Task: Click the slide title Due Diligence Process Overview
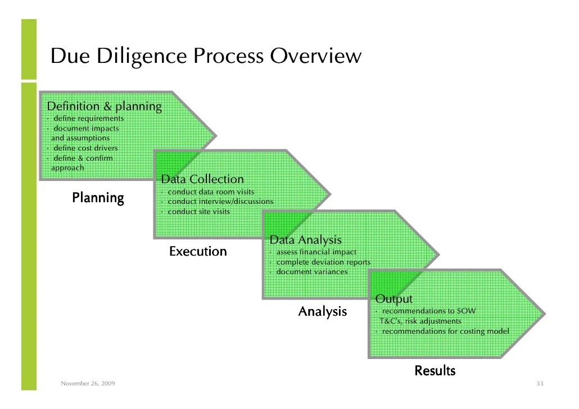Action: (205, 56)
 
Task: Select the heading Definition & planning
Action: (104, 106)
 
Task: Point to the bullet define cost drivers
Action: (85, 148)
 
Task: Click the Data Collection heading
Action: (202, 179)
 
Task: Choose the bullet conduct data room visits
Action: (207, 192)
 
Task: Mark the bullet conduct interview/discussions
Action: (220, 202)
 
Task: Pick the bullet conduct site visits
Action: (198, 212)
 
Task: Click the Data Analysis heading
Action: (305, 240)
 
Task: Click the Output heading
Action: (393, 299)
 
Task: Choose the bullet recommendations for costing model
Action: (445, 331)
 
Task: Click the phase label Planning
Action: (98, 198)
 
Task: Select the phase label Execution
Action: (198, 251)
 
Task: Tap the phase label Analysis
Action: (322, 311)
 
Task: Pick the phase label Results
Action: (435, 371)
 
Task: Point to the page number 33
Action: (540, 384)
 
